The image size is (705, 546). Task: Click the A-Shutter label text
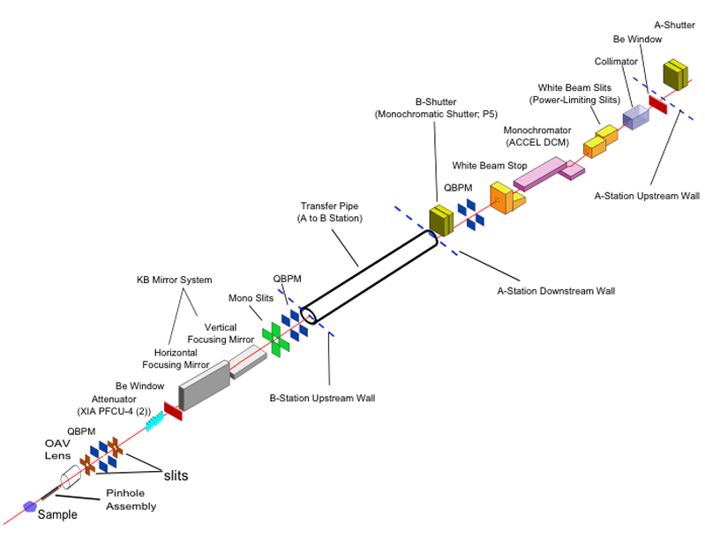click(x=674, y=25)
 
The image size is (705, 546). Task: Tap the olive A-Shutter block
click(x=677, y=76)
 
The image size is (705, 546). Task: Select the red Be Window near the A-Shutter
click(x=657, y=103)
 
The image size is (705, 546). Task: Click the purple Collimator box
click(x=634, y=116)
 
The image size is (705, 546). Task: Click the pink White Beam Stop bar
click(x=540, y=173)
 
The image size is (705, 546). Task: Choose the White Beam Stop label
click(x=489, y=165)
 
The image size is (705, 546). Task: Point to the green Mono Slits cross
click(x=275, y=339)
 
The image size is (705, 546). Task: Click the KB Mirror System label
click(x=174, y=280)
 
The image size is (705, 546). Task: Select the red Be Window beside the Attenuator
click(x=172, y=410)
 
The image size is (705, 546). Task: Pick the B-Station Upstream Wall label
click(x=322, y=398)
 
